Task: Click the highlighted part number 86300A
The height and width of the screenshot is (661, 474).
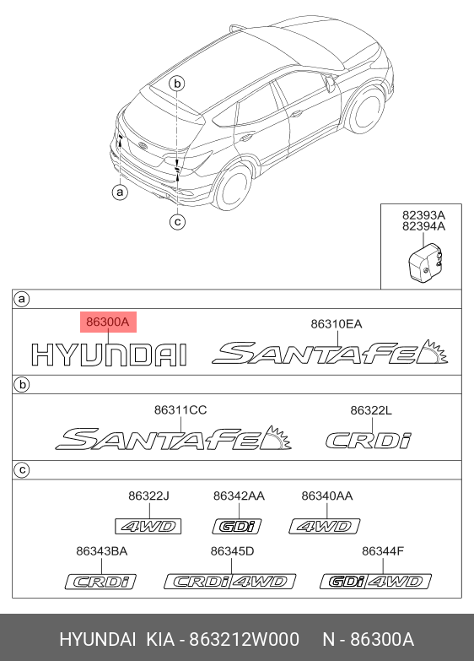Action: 108,322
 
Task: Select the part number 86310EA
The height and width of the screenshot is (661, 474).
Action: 337,324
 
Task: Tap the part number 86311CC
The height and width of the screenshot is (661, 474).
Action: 180,409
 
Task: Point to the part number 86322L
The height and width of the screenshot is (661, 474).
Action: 371,410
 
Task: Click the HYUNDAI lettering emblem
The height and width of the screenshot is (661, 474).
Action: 109,355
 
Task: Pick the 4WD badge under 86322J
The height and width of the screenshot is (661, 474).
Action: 148,527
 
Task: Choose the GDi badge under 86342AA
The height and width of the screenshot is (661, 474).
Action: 237,527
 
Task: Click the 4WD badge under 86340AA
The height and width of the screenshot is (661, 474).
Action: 325,527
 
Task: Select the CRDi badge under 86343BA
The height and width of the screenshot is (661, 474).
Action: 100,582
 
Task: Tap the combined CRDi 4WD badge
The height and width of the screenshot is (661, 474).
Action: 230,582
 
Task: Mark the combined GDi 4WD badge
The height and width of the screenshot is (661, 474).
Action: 376,582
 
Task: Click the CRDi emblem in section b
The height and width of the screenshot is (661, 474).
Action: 369,441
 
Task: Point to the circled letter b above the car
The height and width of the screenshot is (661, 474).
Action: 177,84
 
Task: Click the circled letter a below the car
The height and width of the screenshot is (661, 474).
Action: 120,192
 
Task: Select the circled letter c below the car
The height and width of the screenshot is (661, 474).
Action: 177,221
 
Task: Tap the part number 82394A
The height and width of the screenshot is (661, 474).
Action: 423,226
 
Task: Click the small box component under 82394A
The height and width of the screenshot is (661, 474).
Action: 427,263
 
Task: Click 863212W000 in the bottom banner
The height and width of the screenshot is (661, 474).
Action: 244,640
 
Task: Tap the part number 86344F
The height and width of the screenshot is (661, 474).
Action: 383,551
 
